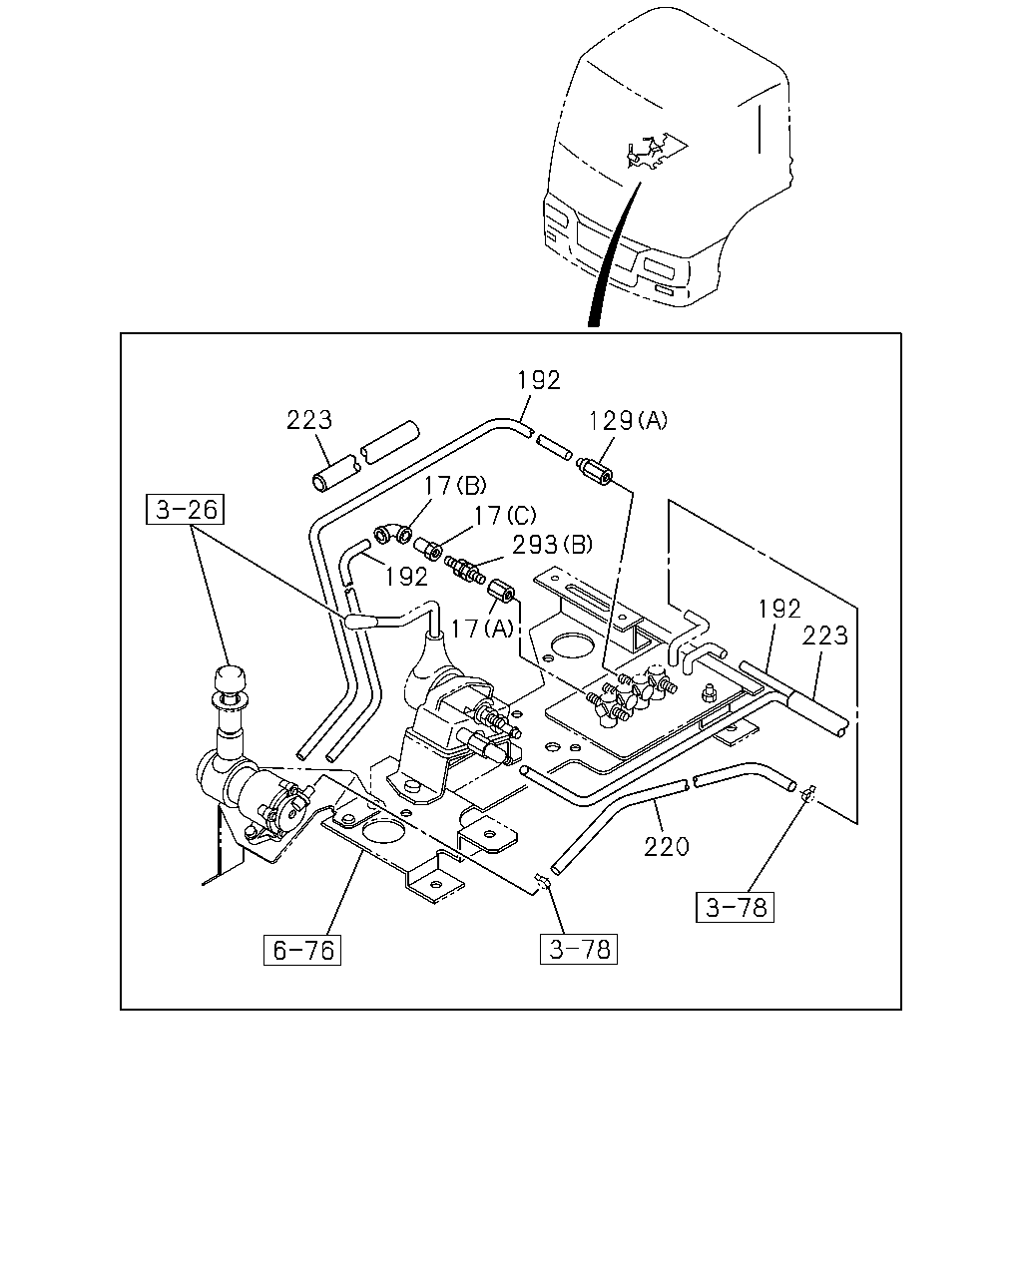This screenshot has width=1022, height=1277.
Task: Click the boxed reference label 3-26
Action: coord(185,509)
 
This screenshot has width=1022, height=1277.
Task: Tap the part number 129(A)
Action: coord(628,421)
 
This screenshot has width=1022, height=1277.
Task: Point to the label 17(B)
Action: coord(455,486)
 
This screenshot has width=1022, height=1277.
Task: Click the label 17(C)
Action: coord(505,515)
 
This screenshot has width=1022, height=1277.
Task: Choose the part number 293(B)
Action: coord(552,545)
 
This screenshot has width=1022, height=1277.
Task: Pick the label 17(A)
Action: coord(482,629)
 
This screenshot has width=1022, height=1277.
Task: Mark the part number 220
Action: coord(667,847)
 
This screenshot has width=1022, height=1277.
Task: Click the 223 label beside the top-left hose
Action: coord(309,420)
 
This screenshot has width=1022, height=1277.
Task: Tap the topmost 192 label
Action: coord(539,380)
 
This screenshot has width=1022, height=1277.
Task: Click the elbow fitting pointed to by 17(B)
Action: coord(392,534)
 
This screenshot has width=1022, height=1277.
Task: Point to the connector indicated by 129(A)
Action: coord(594,472)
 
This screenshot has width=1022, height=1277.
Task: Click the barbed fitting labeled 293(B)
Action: coord(464,569)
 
